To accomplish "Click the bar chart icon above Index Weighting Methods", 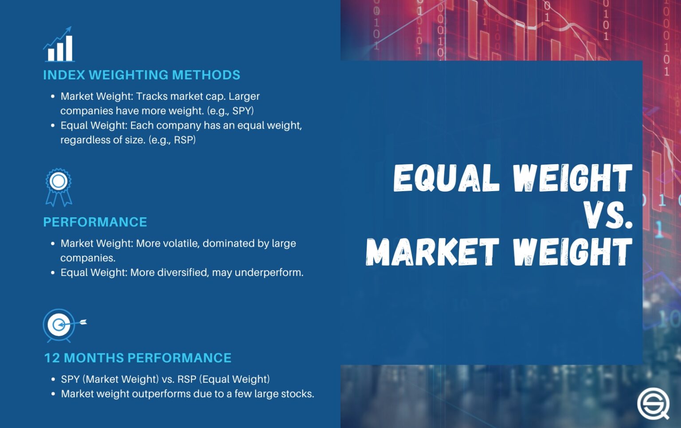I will [59, 44].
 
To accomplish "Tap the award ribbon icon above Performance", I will [59, 187].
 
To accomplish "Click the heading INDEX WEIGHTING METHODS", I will [141, 75].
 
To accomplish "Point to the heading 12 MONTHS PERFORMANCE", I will [137, 358].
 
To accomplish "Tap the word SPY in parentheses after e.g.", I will [242, 111].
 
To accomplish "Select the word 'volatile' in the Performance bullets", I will [177, 243].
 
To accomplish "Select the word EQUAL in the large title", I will [445, 178].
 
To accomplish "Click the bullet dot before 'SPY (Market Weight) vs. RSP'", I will [53, 379].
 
